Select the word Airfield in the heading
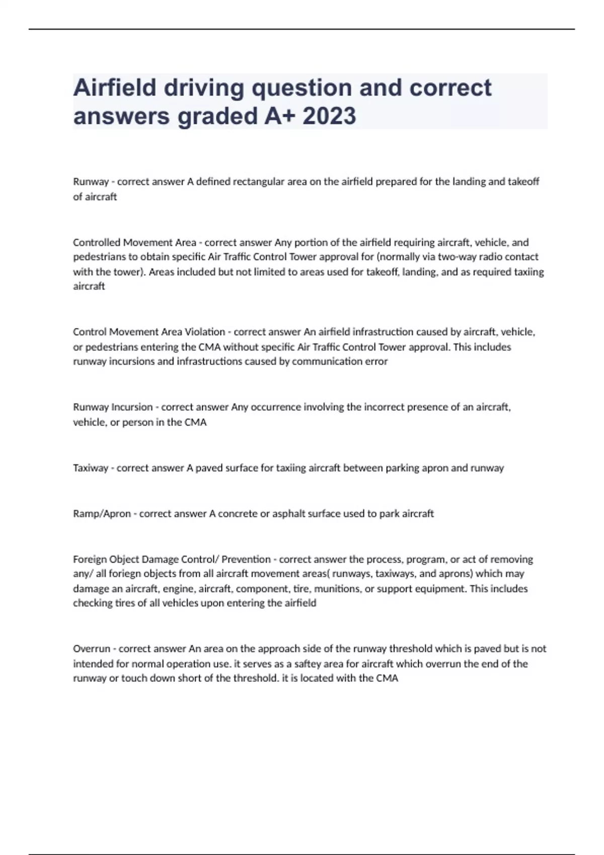(x=115, y=88)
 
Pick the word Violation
(x=204, y=332)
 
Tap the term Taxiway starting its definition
(x=91, y=468)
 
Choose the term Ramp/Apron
(x=102, y=514)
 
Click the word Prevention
(x=246, y=559)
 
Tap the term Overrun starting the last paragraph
(x=91, y=649)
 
